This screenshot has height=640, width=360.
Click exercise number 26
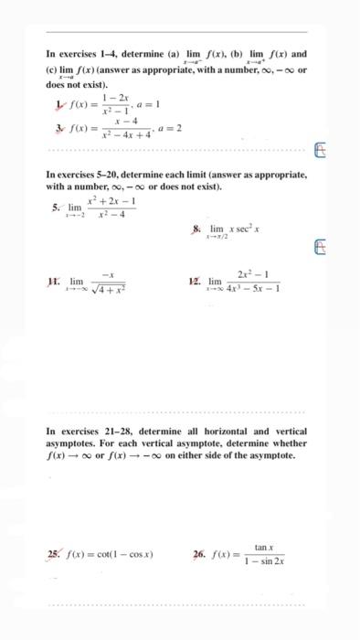[199, 554]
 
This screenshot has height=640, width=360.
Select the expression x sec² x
[240, 228]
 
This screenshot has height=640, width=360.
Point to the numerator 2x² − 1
[251, 274]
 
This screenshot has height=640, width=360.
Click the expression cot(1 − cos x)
[120, 554]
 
